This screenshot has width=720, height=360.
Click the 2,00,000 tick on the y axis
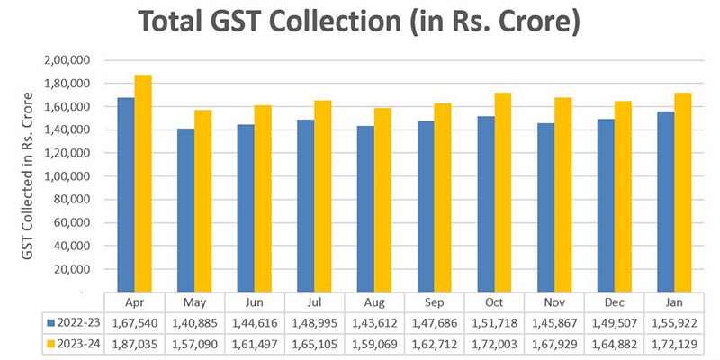point(67,60)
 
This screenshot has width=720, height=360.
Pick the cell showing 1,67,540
point(134,321)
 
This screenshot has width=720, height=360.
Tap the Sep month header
point(436,302)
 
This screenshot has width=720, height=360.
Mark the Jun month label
point(255,302)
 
